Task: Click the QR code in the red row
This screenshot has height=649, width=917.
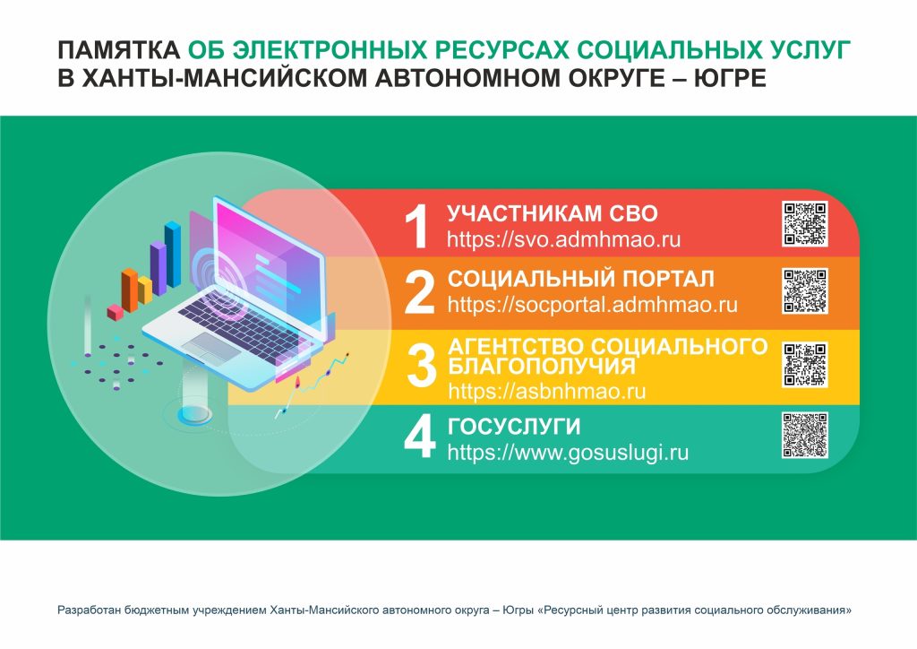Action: click(805, 223)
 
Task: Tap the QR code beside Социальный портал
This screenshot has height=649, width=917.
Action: click(805, 290)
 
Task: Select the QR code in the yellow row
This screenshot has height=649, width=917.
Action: click(805, 365)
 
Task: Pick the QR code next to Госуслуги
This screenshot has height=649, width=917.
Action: click(805, 435)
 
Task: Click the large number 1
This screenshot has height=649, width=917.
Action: click(417, 227)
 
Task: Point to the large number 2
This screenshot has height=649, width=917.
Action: click(420, 292)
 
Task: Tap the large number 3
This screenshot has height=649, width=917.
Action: click(421, 366)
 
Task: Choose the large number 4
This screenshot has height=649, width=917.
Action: click(420, 437)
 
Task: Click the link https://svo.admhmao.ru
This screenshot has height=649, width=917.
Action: click(564, 240)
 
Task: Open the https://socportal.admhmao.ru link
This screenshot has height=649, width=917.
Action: click(593, 305)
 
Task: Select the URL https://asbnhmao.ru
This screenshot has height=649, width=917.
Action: click(547, 391)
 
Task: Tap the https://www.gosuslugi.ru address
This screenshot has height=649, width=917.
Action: click(568, 453)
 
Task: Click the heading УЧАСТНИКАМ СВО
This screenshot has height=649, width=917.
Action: click(553, 213)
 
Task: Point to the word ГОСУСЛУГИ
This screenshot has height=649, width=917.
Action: click(514, 427)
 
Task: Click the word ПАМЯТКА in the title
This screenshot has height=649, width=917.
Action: click(119, 51)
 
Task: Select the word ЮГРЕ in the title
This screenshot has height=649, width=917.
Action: click(730, 78)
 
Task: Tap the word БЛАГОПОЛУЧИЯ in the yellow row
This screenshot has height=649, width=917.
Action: click(542, 367)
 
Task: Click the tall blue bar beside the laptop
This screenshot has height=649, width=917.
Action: click(173, 255)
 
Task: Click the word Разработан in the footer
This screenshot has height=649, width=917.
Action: click(85, 610)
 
